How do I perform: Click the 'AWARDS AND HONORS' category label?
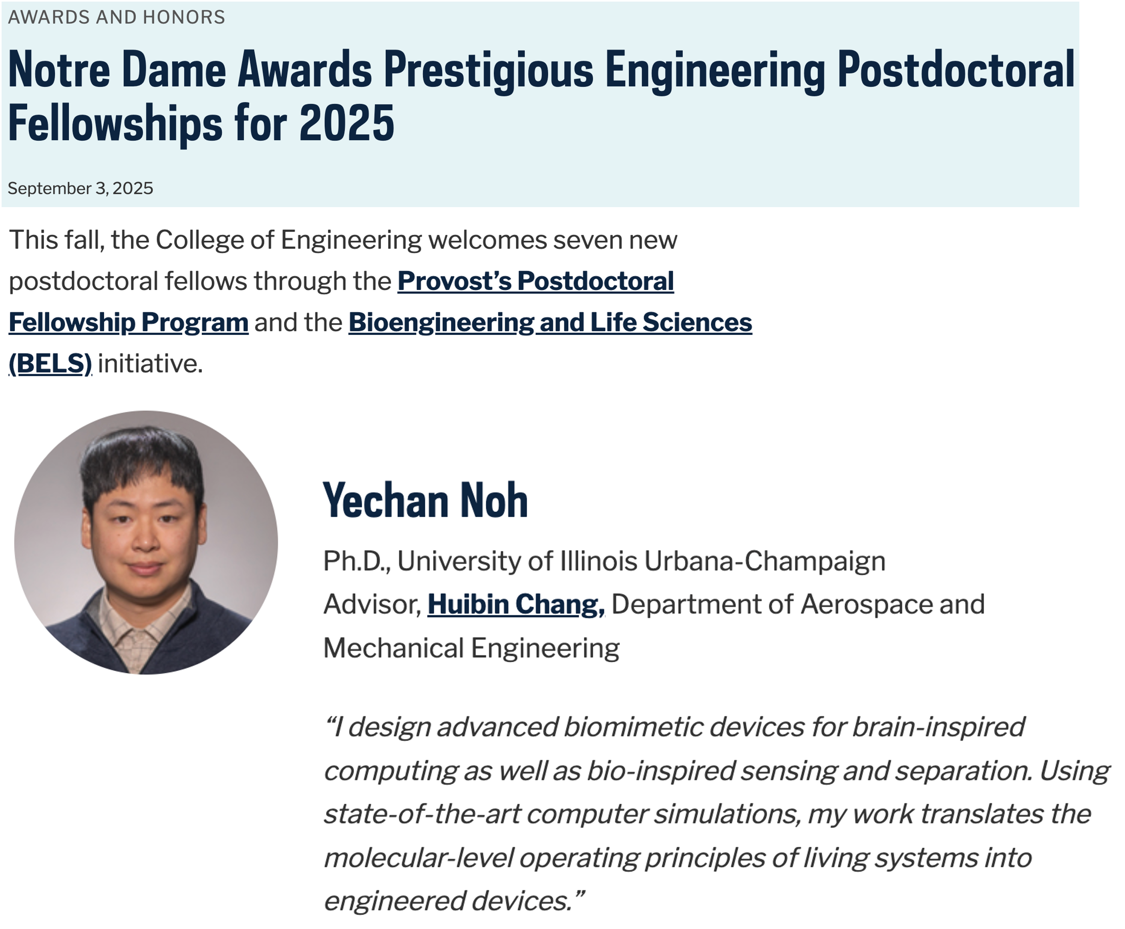pyautogui.click(x=116, y=17)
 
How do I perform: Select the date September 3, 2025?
pyautogui.click(x=80, y=188)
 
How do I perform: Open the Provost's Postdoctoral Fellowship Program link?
pyautogui.click(x=535, y=281)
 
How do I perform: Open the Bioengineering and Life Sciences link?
pyautogui.click(x=550, y=322)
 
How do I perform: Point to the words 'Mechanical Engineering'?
pyautogui.click(x=471, y=648)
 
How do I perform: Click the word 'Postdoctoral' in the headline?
pyautogui.click(x=956, y=70)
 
